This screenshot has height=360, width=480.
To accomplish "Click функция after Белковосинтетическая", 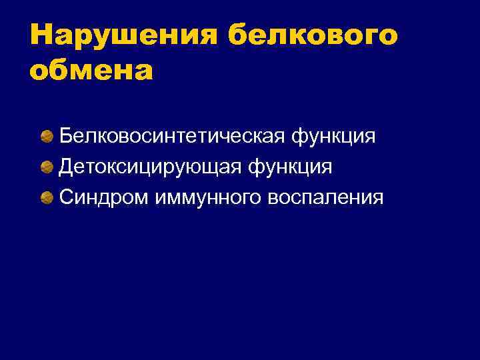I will coord(332,137).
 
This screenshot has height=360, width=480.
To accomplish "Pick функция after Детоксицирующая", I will coord(290,167).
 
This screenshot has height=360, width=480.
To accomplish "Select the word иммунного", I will coord(208,197).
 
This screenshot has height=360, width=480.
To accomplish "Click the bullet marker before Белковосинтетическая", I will coord(47,137).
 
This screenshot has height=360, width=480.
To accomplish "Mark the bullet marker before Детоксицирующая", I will coord(47,167).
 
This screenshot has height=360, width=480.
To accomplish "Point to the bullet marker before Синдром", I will coord(47,197).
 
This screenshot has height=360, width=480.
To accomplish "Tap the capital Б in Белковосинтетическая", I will coord(66,136).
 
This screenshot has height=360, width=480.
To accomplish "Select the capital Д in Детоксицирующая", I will coord(66,167).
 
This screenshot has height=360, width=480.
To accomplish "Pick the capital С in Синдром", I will coord(66,197).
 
